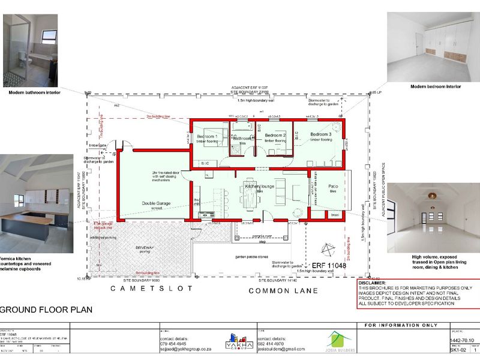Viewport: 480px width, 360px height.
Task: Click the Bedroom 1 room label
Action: click(208, 137)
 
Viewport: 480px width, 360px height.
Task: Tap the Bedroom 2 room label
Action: click(275, 136)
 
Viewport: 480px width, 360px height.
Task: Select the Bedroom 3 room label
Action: click(320, 134)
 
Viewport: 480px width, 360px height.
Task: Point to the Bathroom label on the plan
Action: click(242, 139)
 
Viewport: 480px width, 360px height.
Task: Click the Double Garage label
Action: click(156, 203)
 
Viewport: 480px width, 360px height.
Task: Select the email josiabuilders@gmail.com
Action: click(282, 349)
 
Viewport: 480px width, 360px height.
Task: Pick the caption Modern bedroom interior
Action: click(436, 86)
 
